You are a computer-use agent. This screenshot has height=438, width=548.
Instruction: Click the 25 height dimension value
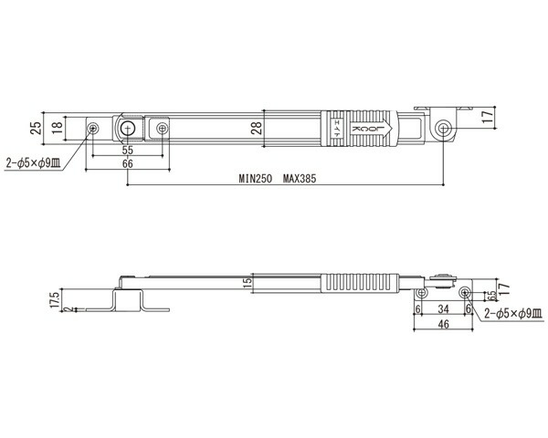(36, 128)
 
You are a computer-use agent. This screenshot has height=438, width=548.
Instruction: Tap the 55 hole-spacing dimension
(128, 151)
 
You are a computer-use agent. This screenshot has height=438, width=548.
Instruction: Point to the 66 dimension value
(128, 163)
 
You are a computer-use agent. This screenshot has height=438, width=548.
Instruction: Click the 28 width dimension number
(256, 128)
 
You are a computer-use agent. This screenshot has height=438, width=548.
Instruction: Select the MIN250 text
(255, 179)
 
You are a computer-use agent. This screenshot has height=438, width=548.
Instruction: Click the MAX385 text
(300, 179)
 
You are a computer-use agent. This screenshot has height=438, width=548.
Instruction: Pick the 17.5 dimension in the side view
(55, 299)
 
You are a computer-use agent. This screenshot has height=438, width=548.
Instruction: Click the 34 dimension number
(443, 308)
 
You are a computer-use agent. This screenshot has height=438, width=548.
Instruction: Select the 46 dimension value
(443, 324)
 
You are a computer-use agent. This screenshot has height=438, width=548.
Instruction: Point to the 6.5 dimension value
(491, 297)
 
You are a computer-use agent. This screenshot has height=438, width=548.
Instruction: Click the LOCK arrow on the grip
(372, 128)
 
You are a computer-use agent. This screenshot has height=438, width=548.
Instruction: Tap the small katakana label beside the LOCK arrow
(337, 128)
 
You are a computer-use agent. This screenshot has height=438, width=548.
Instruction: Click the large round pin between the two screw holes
(128, 129)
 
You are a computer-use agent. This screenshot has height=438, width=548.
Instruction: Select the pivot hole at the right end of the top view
(443, 128)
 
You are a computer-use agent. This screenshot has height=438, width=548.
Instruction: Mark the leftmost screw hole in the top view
(93, 128)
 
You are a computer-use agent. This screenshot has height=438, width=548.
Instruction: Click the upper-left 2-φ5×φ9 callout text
(33, 162)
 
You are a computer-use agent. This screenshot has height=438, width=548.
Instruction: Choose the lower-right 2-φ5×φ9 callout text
(513, 314)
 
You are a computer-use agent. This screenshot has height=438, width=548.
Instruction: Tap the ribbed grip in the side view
(360, 283)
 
